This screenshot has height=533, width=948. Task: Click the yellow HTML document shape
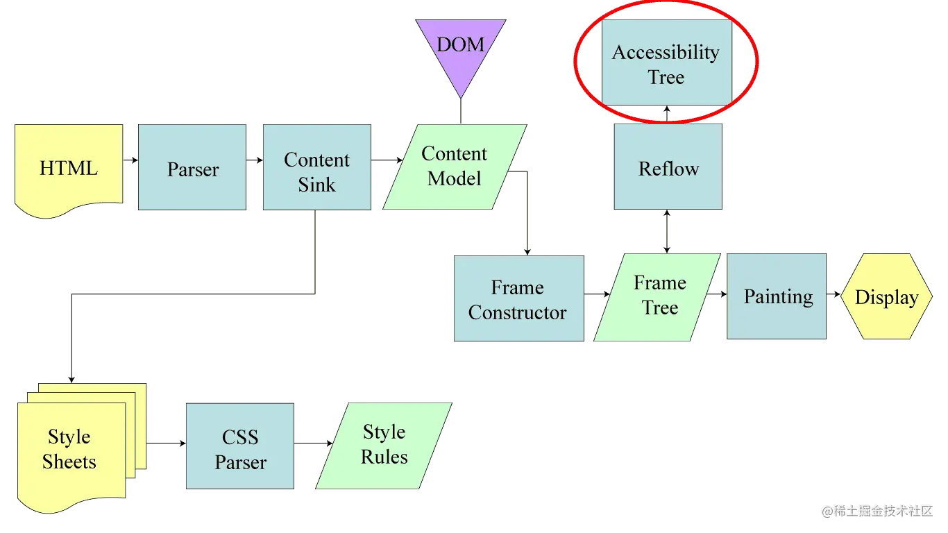click(68, 167)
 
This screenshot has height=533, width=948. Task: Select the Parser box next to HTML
click(192, 167)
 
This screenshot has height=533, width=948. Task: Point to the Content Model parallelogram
click(455, 167)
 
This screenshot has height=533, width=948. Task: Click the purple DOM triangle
click(460, 49)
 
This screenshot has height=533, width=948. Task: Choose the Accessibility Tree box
click(666, 63)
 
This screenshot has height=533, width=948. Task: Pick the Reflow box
click(668, 167)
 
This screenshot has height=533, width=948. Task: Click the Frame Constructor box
click(517, 299)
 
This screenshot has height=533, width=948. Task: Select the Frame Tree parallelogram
click(659, 296)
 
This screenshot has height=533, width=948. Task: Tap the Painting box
click(777, 297)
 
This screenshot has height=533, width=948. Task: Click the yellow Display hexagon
click(886, 297)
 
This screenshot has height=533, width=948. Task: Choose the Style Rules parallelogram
click(385, 444)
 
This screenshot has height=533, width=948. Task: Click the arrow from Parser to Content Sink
click(255, 161)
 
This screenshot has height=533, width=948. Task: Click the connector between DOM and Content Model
click(460, 110)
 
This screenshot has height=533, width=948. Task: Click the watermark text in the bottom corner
click(876, 510)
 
